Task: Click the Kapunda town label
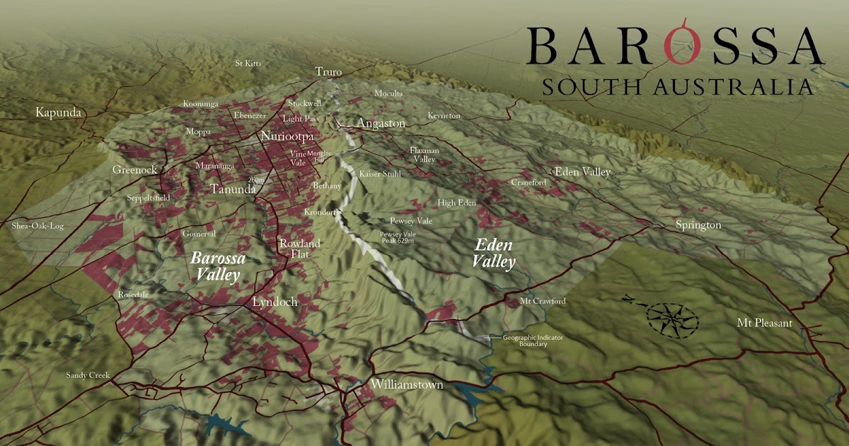58,113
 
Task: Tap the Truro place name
328,72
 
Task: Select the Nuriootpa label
287,136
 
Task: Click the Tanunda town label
233,189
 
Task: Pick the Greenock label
134,170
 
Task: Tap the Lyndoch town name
275,302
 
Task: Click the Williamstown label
408,385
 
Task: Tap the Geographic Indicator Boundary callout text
533,341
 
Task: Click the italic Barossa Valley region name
218,267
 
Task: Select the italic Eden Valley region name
495,253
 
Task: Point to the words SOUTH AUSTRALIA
676,87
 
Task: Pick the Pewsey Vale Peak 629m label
400,238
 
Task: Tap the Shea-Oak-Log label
37,227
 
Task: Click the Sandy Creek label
88,375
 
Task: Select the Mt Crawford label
543,302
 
